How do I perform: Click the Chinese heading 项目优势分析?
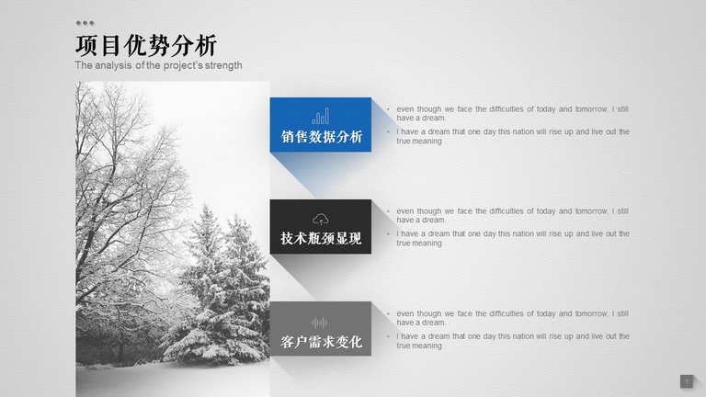pos(146,45)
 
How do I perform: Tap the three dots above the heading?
pos(85,23)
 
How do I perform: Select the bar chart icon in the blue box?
pos(321,116)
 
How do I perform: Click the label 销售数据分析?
pos(322,137)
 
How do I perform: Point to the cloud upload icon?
pos(321,220)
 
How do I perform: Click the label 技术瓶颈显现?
pos(321,239)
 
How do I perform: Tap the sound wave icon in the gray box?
pos(320,323)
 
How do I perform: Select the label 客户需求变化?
pos(321,342)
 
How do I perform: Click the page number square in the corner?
pos(686,381)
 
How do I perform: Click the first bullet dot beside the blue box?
pos(388,109)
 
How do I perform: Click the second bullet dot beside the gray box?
pos(388,336)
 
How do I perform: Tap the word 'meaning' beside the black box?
pos(427,243)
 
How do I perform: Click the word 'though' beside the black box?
pos(429,211)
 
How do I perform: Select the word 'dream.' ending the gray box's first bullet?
pos(434,323)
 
